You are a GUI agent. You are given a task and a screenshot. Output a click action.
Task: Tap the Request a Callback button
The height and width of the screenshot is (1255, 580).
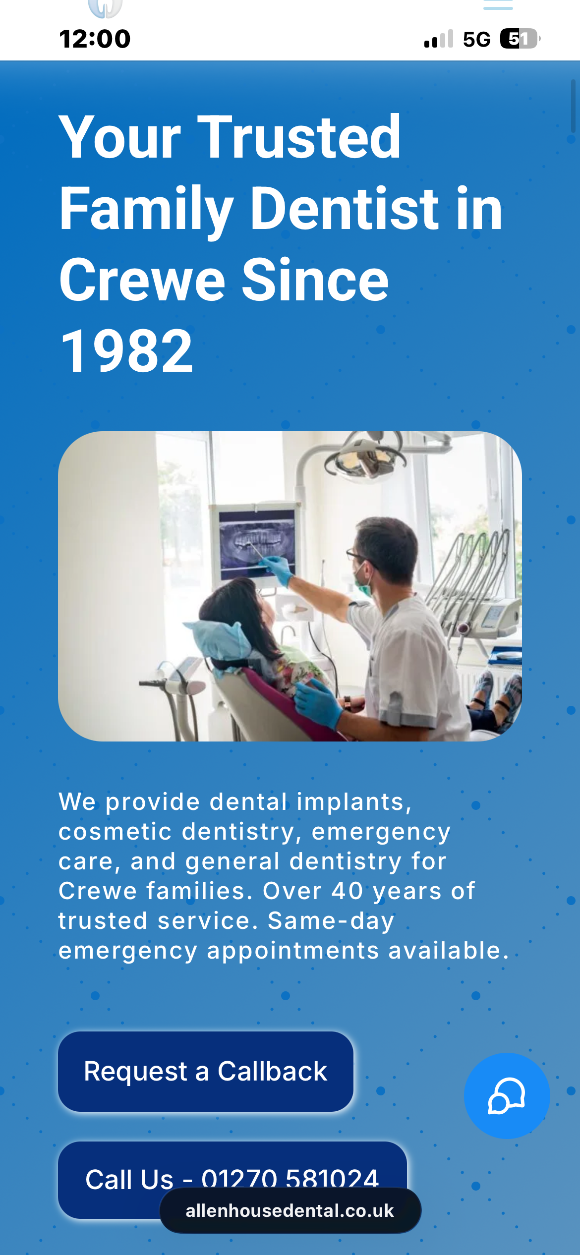pos(206,1071)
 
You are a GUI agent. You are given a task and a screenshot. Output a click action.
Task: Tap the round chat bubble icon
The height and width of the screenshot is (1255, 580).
pos(507,1095)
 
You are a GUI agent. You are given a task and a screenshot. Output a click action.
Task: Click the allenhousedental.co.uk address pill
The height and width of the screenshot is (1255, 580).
pos(290,1210)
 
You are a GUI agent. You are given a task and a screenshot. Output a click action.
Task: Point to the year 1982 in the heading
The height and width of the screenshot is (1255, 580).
pos(126,351)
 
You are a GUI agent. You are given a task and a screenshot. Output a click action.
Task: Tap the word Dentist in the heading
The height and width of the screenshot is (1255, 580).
pos(345,208)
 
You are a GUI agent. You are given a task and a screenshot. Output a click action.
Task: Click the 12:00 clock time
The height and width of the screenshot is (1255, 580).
pos(95,39)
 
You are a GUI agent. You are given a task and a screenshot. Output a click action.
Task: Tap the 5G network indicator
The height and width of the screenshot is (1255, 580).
pos(476,39)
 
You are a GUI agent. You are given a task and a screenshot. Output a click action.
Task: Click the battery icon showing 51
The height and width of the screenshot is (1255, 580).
pos(520,39)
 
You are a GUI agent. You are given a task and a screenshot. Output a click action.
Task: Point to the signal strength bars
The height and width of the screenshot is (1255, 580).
pos(439,39)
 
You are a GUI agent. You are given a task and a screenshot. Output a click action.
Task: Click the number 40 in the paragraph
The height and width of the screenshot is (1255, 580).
pos(347,891)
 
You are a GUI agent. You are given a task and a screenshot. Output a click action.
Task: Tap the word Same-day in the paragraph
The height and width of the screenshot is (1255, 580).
pos(331,921)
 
